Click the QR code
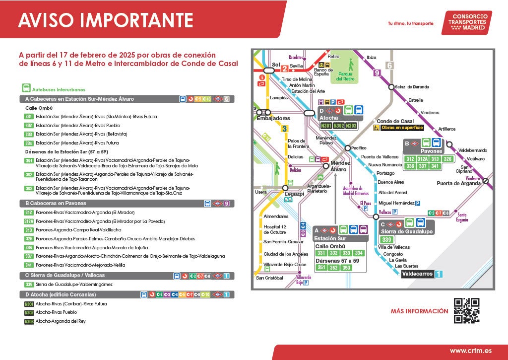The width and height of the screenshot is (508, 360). pos(466,311)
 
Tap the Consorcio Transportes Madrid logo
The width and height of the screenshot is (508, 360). pos(467,23)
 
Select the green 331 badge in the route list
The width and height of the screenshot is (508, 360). pos(29,117)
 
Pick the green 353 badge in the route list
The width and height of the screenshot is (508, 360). pos(29,188)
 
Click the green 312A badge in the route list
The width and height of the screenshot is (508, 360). pos(29,221)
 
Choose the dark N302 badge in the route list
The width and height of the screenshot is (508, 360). pos(29,312)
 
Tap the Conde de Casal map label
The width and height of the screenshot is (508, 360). pos(395,121)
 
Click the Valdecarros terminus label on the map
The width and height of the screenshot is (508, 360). pos(418,274)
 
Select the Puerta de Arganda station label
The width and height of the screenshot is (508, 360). pos(458,183)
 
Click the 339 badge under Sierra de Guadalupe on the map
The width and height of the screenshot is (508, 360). pos(387,240)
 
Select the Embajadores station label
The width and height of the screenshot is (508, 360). pos(273,119)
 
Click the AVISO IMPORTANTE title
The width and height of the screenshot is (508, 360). pos(105,20)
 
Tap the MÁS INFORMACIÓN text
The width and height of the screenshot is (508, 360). pos(419,311)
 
